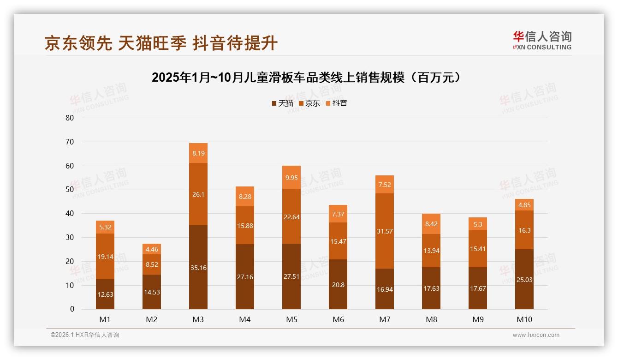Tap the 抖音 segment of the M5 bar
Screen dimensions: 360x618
point(291,177)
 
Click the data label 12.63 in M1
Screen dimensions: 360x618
point(105,294)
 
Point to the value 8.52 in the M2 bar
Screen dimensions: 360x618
point(152,265)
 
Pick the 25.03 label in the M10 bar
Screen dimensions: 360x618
point(524,279)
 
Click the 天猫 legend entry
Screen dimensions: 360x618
point(282,103)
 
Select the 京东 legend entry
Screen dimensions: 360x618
point(309,103)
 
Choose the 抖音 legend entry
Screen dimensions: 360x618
point(336,103)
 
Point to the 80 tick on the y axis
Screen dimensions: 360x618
point(70,118)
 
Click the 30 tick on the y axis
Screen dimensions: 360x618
point(70,237)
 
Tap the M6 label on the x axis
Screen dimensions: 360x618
point(338,319)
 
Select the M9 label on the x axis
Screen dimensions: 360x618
point(478,319)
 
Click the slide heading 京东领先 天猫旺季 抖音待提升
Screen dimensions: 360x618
point(161,43)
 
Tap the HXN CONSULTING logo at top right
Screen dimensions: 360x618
point(542,41)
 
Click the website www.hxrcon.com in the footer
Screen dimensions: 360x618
point(536,335)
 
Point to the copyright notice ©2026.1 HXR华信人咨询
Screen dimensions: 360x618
point(85,335)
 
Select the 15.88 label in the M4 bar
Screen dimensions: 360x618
point(245,226)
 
